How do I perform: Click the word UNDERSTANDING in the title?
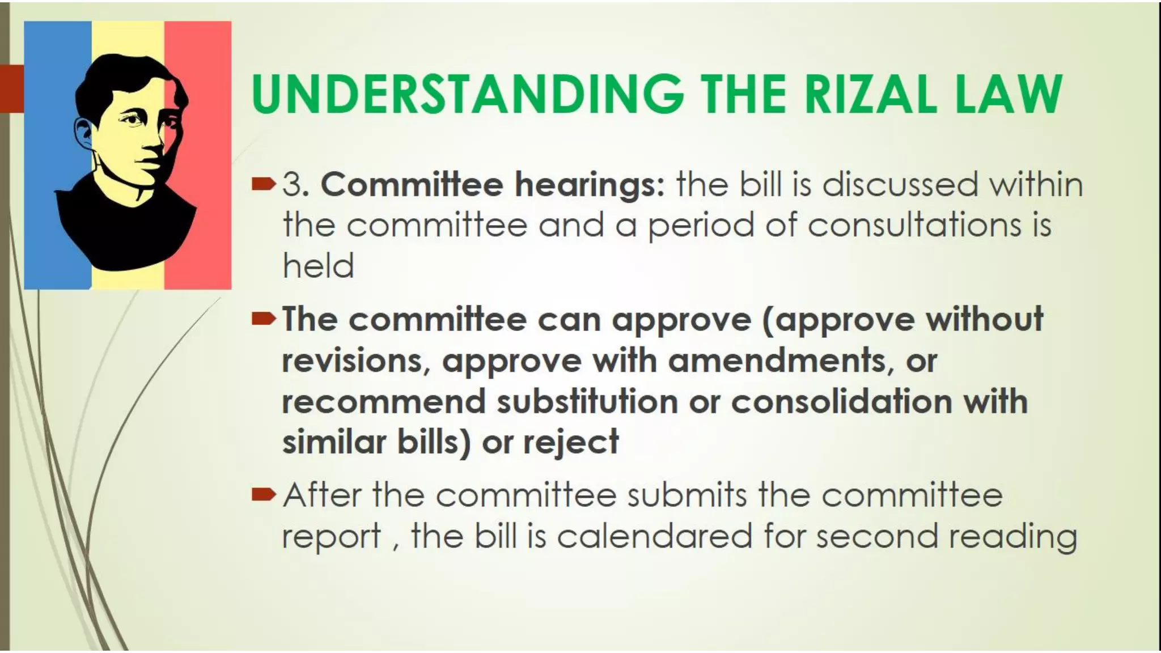coord(467,93)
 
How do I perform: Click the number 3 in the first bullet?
coord(291,185)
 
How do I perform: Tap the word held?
coord(318,266)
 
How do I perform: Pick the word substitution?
coord(588,401)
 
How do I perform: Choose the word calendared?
coord(654,536)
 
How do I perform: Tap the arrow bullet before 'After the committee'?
coord(263,495)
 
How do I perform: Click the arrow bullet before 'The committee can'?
coord(263,320)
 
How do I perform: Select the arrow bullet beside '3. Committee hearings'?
coord(263,185)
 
